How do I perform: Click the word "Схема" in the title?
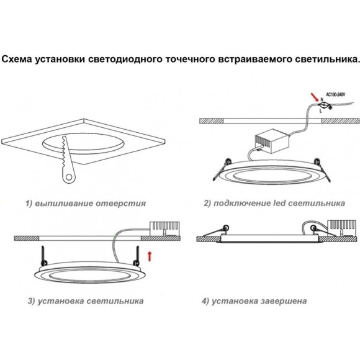(19, 60)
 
